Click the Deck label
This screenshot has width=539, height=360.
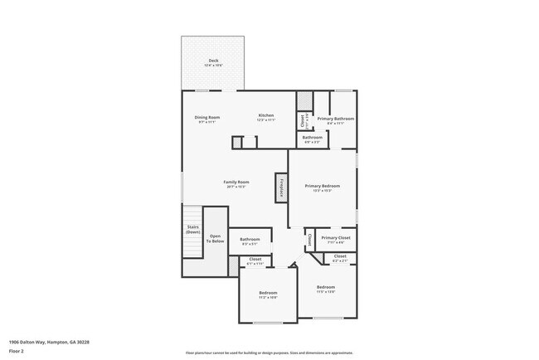pyautogui.click(x=213, y=61)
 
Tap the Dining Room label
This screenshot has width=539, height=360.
pyautogui.click(x=206, y=117)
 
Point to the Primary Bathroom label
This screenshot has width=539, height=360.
pyautogui.click(x=335, y=119)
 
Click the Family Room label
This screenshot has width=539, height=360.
pyautogui.click(x=236, y=182)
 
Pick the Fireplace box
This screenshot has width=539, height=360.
pyautogui.click(x=282, y=187)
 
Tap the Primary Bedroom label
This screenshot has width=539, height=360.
pyautogui.click(x=323, y=187)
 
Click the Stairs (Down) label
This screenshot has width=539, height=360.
pyautogui.click(x=192, y=230)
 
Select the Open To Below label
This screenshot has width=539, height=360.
pyautogui.click(x=216, y=238)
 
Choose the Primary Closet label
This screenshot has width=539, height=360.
pyautogui.click(x=336, y=239)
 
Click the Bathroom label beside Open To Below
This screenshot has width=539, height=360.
pyautogui.click(x=250, y=240)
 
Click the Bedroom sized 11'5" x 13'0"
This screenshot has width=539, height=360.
pyautogui.click(x=326, y=288)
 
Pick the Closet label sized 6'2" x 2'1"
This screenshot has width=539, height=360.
pyautogui.click(x=340, y=257)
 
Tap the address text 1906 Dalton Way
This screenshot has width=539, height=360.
pyautogui.click(x=49, y=341)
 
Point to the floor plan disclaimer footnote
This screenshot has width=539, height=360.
pyautogui.click(x=269, y=353)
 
